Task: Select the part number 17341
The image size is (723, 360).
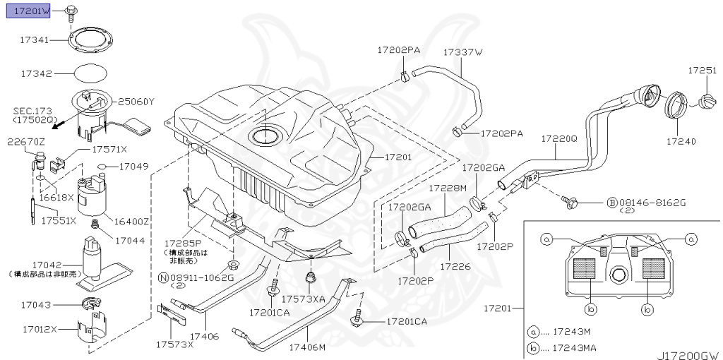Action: coord(34,41)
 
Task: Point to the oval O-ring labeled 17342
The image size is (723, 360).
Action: coord(91,73)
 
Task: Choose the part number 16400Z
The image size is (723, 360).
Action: coord(132,221)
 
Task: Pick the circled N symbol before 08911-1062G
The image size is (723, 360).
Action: coord(164,278)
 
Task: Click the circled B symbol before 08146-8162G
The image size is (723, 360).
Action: coord(611,203)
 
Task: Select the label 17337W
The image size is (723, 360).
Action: coord(462,52)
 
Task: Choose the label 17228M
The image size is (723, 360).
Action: coord(449,188)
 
